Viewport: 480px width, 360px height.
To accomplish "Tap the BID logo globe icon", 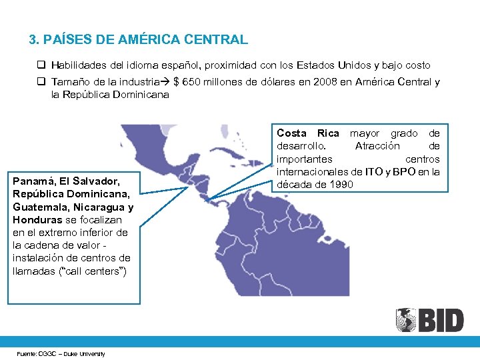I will [405, 320].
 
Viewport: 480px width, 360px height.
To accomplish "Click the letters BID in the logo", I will [440, 321].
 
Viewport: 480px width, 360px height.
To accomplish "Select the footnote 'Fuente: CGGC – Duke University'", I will [61, 353].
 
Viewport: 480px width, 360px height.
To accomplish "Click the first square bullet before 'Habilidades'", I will [41, 65].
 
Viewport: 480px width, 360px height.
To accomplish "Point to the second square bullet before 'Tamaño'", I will [41, 82].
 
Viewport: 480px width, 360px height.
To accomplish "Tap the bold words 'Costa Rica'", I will [307, 133].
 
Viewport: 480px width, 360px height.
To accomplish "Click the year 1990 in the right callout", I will [340, 184].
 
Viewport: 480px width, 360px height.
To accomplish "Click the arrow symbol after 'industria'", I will [165, 82].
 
